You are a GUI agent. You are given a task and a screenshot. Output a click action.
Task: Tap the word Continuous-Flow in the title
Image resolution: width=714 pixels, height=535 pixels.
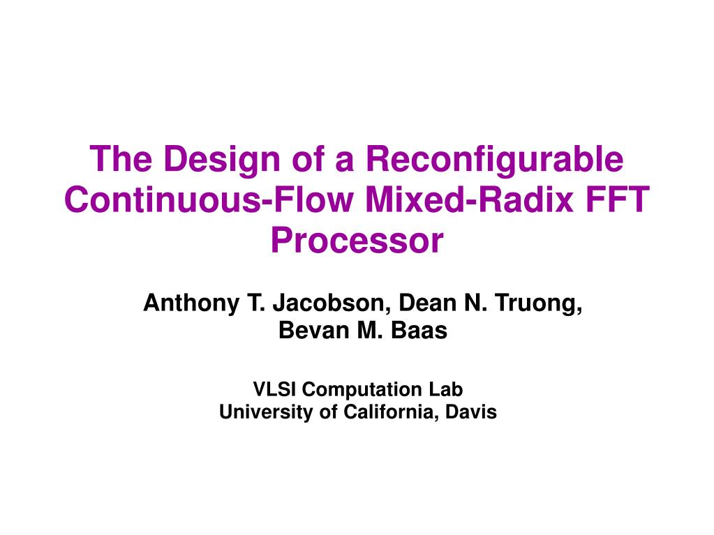[209, 199]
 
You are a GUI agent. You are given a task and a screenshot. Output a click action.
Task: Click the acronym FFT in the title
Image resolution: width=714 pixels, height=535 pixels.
[617, 199]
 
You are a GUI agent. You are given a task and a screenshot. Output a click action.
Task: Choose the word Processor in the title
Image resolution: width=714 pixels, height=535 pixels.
[357, 240]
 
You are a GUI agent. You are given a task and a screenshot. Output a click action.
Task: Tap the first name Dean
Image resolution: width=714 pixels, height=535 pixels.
[427, 303]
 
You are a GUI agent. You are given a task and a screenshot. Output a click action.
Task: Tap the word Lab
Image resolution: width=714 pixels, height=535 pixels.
[445, 389]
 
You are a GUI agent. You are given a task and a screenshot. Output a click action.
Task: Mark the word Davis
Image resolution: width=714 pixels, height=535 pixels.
[471, 412]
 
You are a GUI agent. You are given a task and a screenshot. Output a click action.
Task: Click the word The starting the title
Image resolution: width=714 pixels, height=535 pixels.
[121, 159]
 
